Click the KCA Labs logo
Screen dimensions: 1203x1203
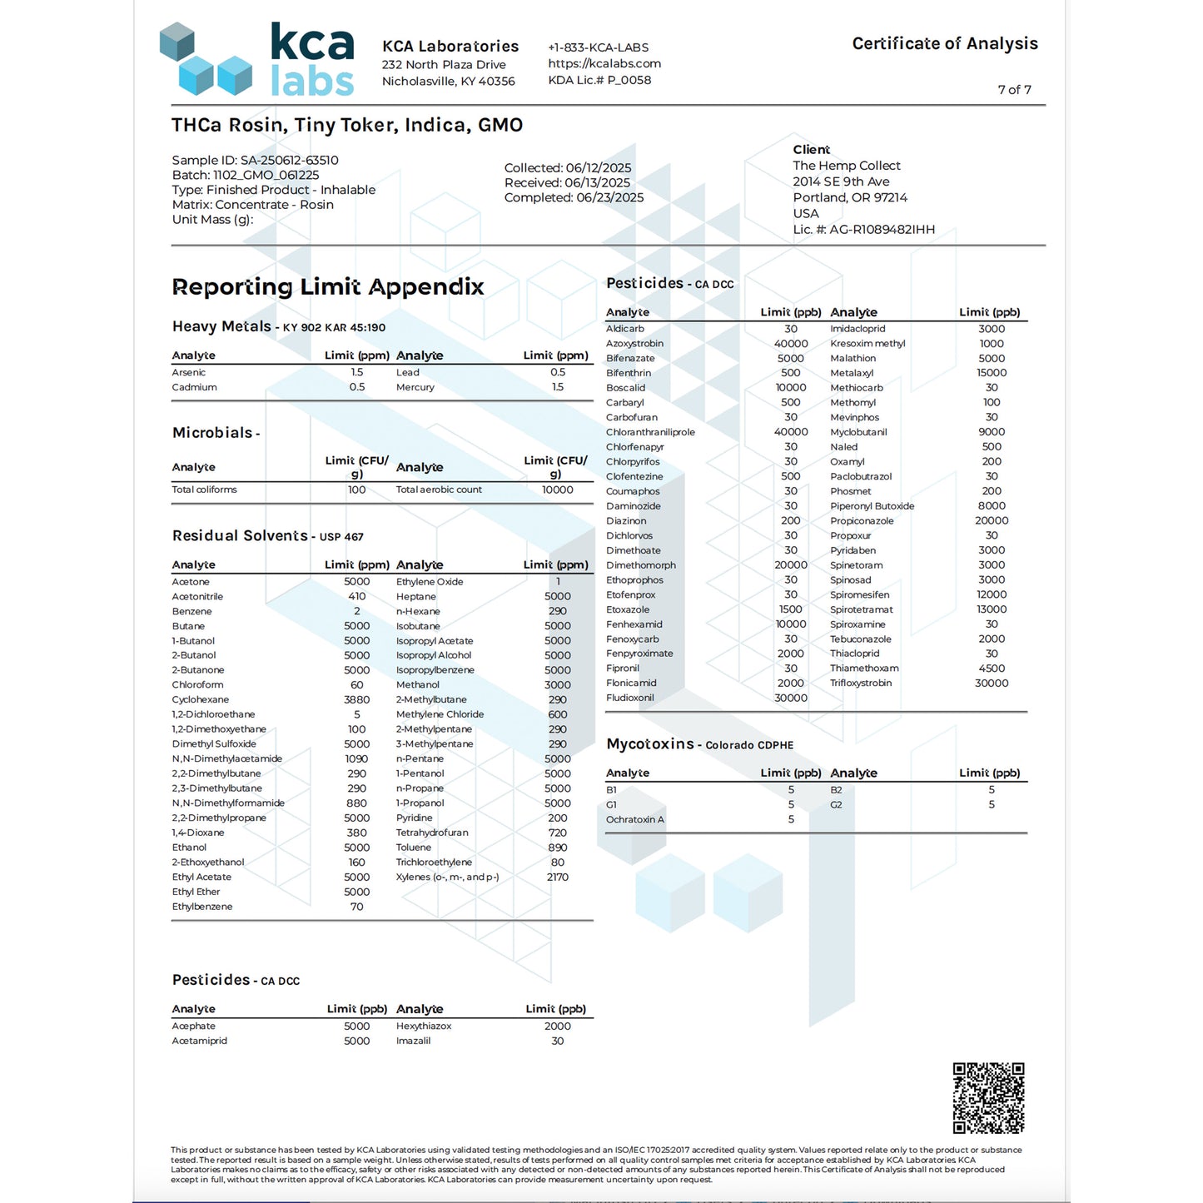click(257, 59)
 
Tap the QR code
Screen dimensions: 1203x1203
click(988, 1097)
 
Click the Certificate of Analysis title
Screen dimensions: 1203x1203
click(945, 43)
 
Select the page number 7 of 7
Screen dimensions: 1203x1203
click(1014, 90)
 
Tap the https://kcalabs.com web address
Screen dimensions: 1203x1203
click(604, 63)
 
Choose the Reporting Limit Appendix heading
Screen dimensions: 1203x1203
click(328, 287)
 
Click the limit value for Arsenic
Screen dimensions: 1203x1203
click(357, 372)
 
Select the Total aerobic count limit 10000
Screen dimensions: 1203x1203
click(557, 490)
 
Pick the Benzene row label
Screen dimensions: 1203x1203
click(191, 611)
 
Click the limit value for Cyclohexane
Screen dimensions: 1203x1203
click(357, 699)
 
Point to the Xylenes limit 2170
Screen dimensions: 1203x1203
click(557, 877)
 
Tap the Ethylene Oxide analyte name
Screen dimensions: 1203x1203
click(430, 582)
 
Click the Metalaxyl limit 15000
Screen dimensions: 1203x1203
click(992, 373)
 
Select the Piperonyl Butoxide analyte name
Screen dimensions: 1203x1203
click(872, 506)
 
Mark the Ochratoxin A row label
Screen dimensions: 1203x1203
click(635, 819)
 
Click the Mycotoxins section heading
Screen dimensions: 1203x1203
click(650, 744)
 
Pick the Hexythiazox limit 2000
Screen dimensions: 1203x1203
click(557, 1026)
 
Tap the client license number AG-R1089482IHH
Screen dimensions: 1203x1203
click(882, 230)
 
